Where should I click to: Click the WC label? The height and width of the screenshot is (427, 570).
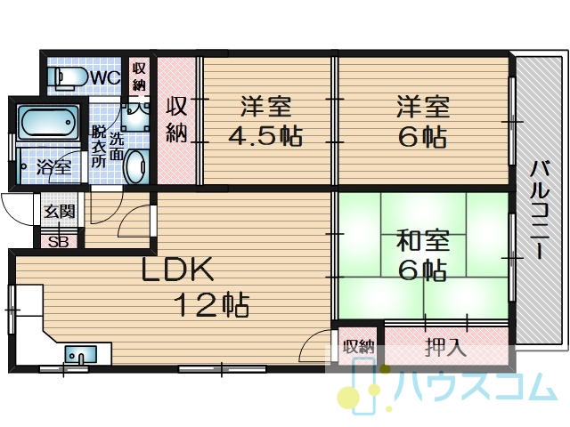[105, 77]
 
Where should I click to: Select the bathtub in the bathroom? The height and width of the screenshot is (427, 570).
[49, 123]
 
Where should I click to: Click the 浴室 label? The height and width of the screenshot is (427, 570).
[53, 168]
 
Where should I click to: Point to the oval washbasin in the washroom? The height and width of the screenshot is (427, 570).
[135, 166]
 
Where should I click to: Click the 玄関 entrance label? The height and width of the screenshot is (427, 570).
[60, 211]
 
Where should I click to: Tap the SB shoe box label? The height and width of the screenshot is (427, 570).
[59, 242]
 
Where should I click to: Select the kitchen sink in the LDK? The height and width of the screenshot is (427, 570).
[81, 354]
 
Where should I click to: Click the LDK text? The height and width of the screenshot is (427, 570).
[177, 269]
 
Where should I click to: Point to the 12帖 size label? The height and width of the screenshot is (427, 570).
[211, 304]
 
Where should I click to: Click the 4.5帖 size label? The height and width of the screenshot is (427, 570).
[265, 136]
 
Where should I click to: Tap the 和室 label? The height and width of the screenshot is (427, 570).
[423, 240]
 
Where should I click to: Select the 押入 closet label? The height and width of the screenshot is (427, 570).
[445, 347]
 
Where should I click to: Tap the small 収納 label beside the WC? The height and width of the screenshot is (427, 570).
[139, 77]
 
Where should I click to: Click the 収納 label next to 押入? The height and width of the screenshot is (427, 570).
[359, 347]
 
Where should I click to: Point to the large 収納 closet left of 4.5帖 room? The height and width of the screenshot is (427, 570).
[176, 119]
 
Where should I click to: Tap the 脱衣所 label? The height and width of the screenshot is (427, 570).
[98, 146]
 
